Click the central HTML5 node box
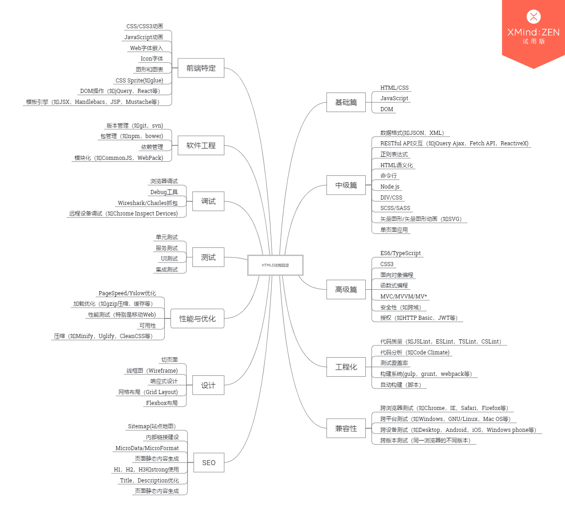(x=275, y=265)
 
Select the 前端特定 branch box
(x=201, y=68)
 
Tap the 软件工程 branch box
(x=201, y=146)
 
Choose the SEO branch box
(x=208, y=463)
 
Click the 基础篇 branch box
(x=346, y=103)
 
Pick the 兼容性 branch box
(x=346, y=429)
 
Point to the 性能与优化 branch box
(x=197, y=319)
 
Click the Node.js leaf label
(x=390, y=187)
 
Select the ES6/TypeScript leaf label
(x=400, y=253)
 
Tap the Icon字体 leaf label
(x=152, y=59)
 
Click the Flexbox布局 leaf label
(x=162, y=403)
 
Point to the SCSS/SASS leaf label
(x=395, y=208)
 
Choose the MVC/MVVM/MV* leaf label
(x=404, y=297)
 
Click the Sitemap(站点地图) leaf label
(x=151, y=426)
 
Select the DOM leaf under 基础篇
(x=387, y=109)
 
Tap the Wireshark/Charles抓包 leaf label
(x=148, y=203)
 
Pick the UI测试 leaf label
(x=169, y=259)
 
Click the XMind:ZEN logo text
(x=533, y=32)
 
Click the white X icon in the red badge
(x=534, y=17)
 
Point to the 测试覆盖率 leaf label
(x=394, y=363)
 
